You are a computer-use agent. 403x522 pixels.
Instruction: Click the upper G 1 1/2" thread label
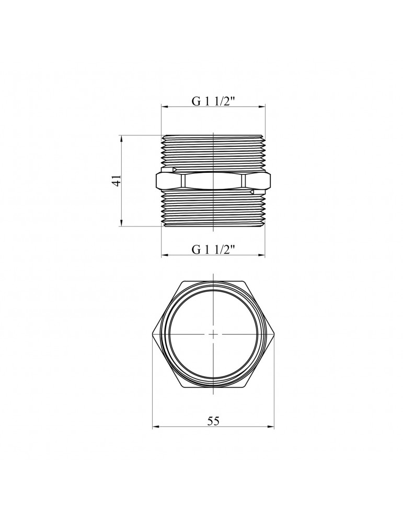tap(214, 101)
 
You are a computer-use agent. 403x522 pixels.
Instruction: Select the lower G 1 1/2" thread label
tap(214, 249)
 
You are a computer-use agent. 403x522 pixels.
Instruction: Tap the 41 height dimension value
tap(118, 181)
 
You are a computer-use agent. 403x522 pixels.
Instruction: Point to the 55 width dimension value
tap(213, 421)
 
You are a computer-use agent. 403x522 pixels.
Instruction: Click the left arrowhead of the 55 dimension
tap(155, 428)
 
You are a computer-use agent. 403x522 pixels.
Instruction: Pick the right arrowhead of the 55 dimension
tap(272, 428)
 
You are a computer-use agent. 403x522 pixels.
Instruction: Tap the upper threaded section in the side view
tap(213, 151)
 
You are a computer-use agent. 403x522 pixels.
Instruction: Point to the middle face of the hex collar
tap(213, 181)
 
